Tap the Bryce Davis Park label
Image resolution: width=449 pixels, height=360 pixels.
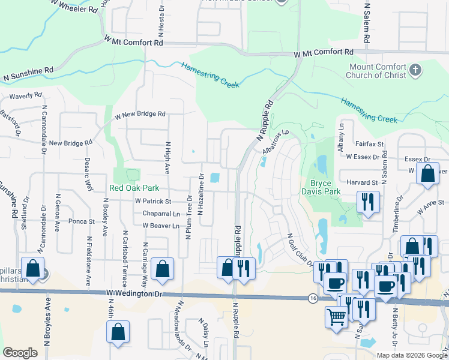tap(325, 187)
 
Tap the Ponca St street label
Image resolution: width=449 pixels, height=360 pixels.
tap(82, 221)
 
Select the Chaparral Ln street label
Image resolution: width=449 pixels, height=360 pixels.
tap(161, 214)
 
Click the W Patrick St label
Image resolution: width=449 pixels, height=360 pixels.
tap(153, 201)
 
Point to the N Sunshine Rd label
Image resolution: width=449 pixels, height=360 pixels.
tap(28, 74)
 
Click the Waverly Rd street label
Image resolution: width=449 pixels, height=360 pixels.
tap(25, 95)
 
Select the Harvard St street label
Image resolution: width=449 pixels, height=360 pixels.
tap(361, 182)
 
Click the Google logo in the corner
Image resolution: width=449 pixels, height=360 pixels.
tap(19, 353)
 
